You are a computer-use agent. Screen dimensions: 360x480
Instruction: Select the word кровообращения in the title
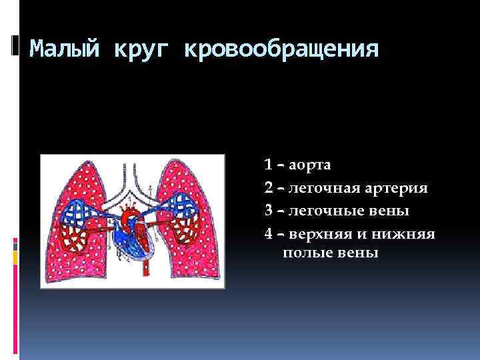tap(281, 49)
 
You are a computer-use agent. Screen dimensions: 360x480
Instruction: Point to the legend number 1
tap(267, 164)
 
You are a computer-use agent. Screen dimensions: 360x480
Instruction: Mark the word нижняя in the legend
tap(408, 234)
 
